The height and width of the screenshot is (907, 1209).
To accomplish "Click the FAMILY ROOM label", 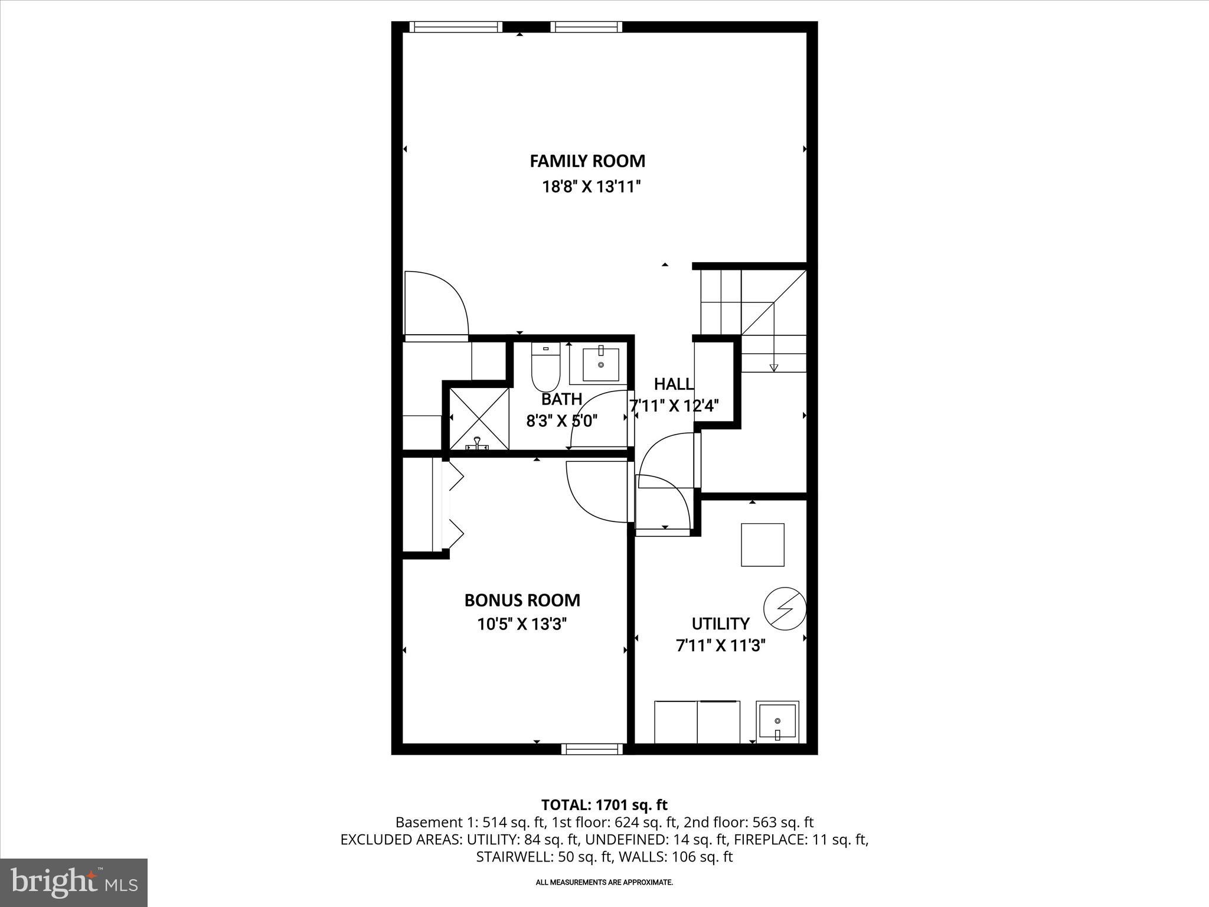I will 587,161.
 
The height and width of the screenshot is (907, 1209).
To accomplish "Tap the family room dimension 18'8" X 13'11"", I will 592,187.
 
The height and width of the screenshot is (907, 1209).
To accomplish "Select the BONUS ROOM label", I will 522,601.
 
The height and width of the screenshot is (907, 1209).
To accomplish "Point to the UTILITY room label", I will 720,624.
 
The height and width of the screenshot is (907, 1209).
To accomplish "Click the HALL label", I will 674,384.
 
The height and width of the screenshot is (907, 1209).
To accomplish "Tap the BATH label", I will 561,399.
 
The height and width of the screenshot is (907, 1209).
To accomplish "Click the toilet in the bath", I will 545,367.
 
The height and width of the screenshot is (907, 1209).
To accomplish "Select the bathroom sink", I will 601,365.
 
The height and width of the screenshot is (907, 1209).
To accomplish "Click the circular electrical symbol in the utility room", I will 785,608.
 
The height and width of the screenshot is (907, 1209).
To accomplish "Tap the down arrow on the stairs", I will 773,367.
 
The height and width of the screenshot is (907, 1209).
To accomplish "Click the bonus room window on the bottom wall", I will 592,749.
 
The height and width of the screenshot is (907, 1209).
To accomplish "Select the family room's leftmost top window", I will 455,27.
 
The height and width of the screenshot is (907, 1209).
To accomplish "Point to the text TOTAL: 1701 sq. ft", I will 604,805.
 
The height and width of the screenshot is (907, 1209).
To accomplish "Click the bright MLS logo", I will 74,882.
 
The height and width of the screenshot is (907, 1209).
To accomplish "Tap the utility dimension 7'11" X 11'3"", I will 720,646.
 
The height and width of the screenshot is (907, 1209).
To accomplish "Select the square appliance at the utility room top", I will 763,544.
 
